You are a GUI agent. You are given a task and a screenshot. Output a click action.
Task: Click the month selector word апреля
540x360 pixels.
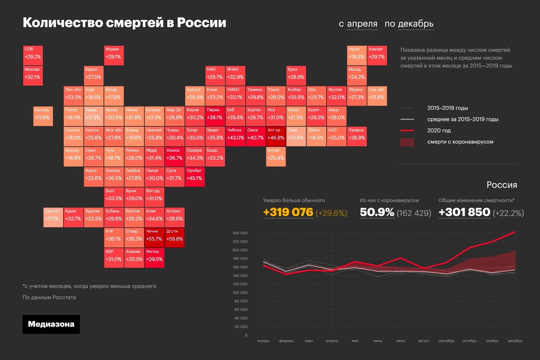[x=362, y=24]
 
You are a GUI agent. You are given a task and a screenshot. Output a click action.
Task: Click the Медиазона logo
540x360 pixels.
[x=51, y=324]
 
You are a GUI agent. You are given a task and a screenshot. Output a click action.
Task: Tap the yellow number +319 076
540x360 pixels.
[x=288, y=212]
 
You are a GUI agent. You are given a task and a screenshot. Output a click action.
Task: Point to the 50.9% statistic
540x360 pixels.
[x=377, y=212]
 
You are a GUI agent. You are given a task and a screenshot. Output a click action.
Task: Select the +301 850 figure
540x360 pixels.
[x=464, y=212]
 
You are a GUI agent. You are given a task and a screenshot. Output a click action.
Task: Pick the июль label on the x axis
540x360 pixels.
[x=401, y=341]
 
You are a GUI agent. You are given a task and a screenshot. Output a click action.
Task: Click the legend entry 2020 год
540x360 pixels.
[x=439, y=130]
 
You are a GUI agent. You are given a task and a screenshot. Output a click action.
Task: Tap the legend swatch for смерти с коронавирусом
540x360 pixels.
[x=407, y=142]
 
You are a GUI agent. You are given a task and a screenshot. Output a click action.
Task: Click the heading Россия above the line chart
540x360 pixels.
[x=502, y=185]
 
